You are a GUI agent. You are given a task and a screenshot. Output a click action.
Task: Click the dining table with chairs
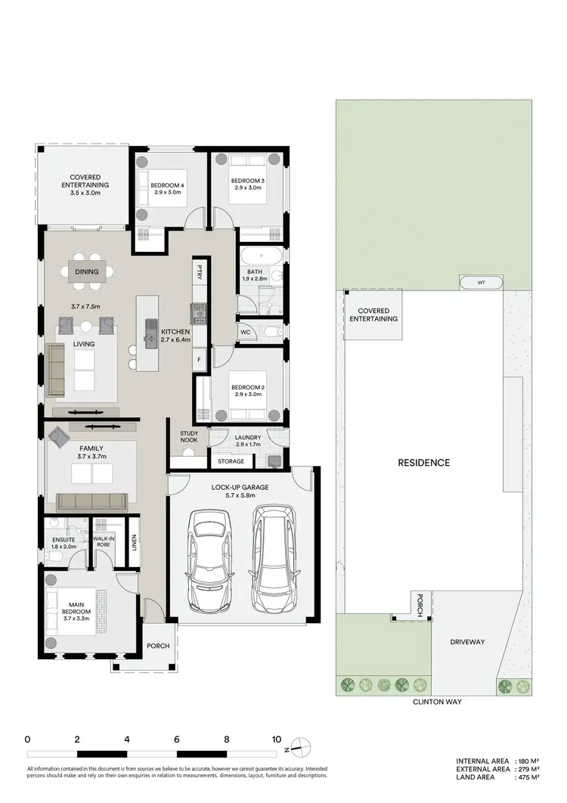tap(92, 271)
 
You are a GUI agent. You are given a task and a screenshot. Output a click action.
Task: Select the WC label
tap(246, 332)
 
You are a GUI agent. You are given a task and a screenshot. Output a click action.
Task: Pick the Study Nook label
tap(189, 437)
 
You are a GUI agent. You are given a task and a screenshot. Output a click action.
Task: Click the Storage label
tap(231, 461)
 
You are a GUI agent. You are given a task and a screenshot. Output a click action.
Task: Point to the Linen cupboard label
tap(134, 542)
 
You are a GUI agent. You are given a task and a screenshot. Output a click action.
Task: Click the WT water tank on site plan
tap(482, 283)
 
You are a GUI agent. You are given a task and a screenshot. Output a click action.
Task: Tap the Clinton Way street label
tap(436, 702)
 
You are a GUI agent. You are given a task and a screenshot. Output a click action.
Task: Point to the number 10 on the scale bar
tap(276, 739)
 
